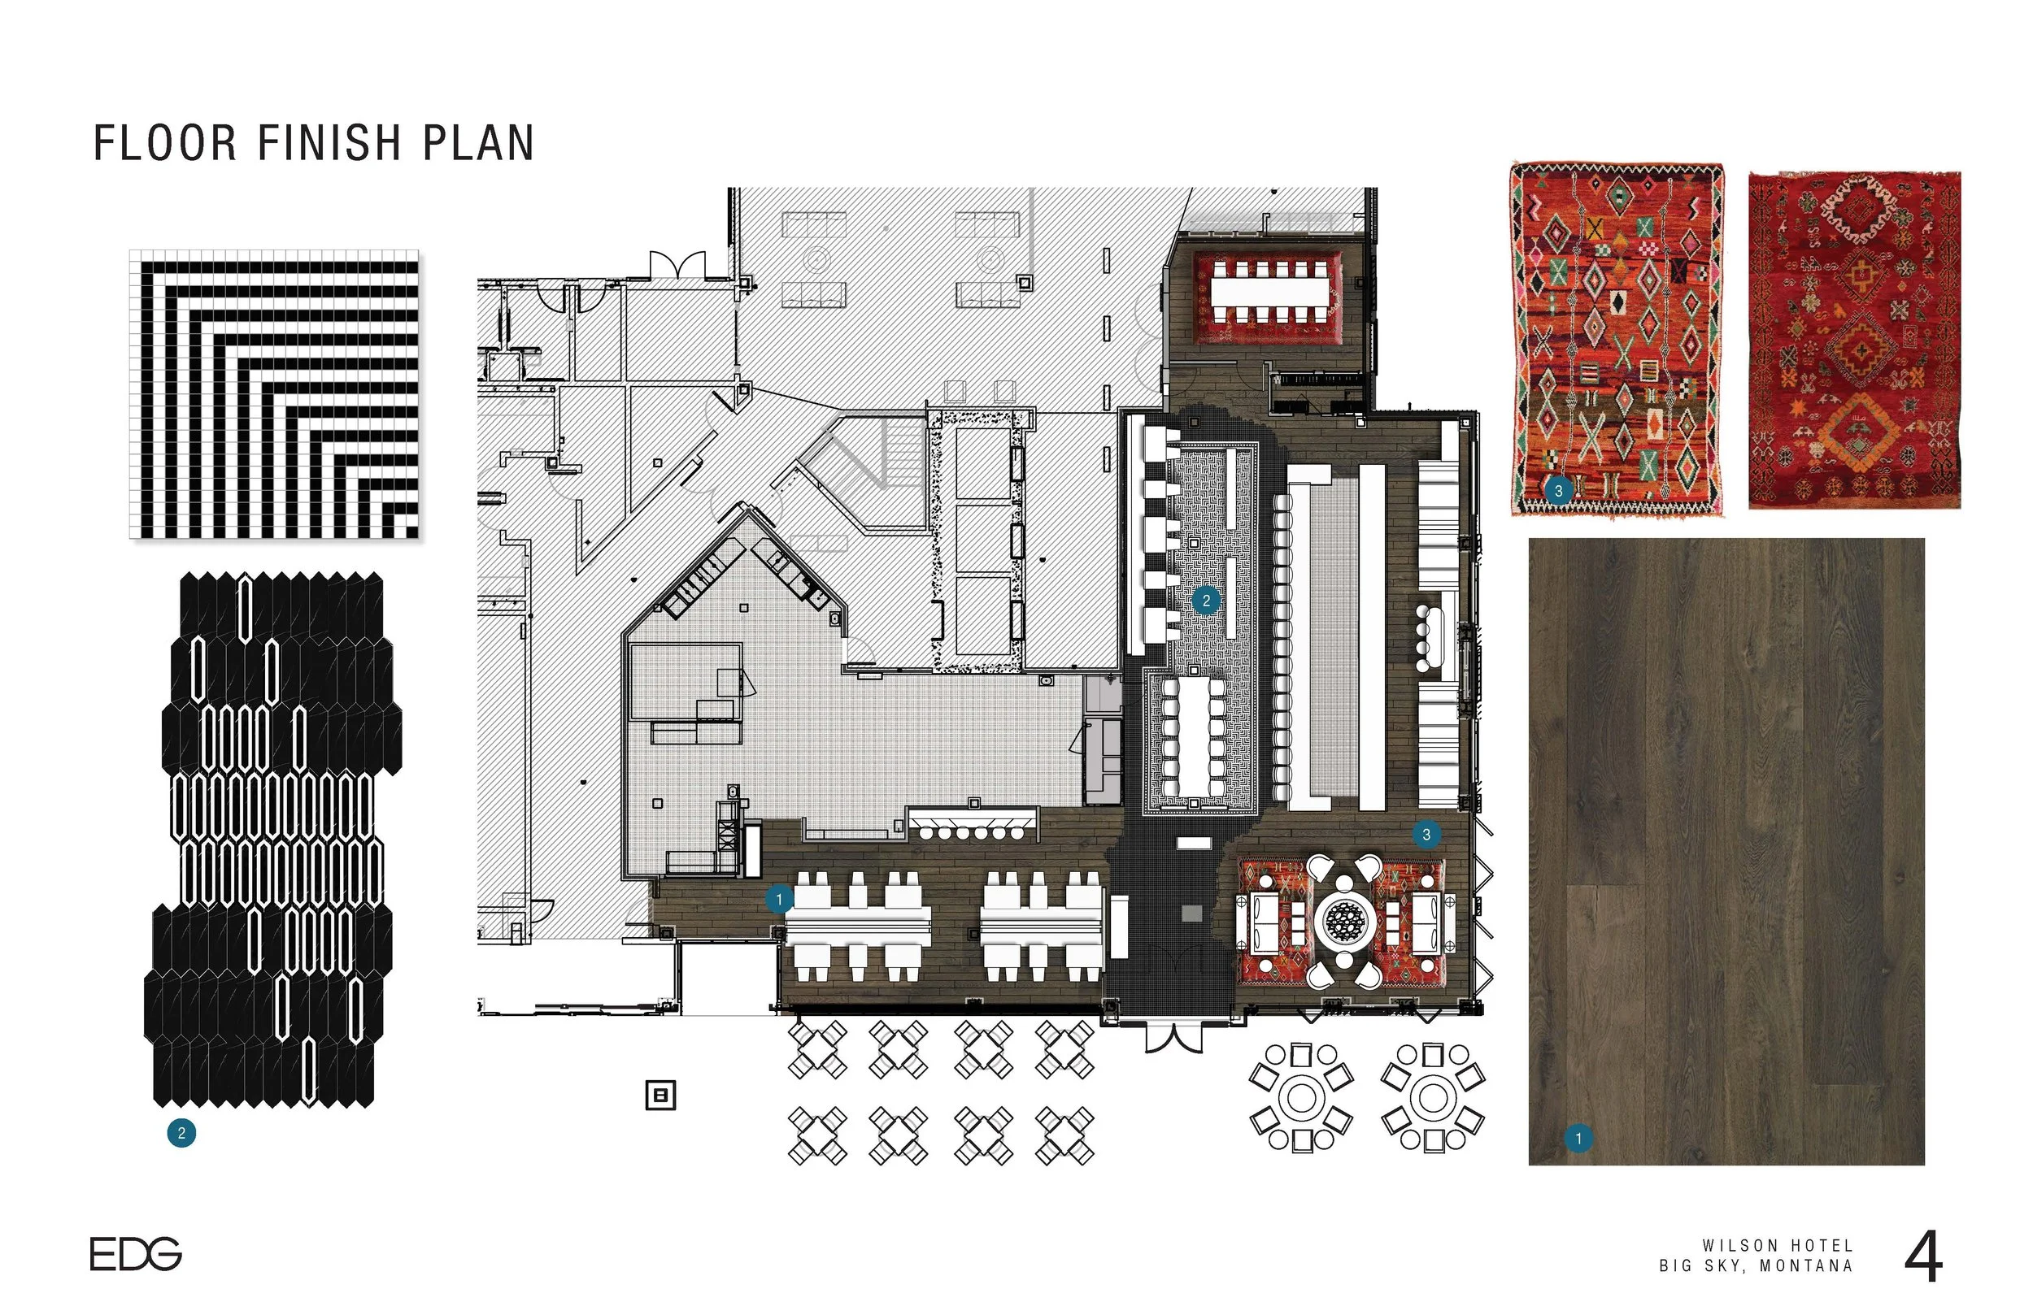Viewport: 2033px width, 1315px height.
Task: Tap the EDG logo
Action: click(136, 1254)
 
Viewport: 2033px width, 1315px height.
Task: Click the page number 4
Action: click(1924, 1257)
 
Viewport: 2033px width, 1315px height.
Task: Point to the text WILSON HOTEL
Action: click(1778, 1247)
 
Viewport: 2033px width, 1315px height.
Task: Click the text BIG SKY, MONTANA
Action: click(1757, 1266)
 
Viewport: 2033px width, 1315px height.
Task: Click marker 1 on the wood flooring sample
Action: click(1578, 1139)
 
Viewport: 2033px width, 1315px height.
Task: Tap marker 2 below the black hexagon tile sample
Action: click(181, 1134)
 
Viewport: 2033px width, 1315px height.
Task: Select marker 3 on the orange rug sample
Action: click(1559, 491)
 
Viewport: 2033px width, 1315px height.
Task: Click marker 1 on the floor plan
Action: click(778, 899)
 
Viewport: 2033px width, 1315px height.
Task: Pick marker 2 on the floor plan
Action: click(1206, 601)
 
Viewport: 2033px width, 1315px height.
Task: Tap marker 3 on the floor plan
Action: click(1426, 834)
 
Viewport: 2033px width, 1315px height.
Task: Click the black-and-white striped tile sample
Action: click(274, 394)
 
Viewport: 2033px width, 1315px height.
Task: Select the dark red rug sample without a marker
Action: click(1854, 340)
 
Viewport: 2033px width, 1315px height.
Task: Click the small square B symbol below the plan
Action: click(660, 1095)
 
